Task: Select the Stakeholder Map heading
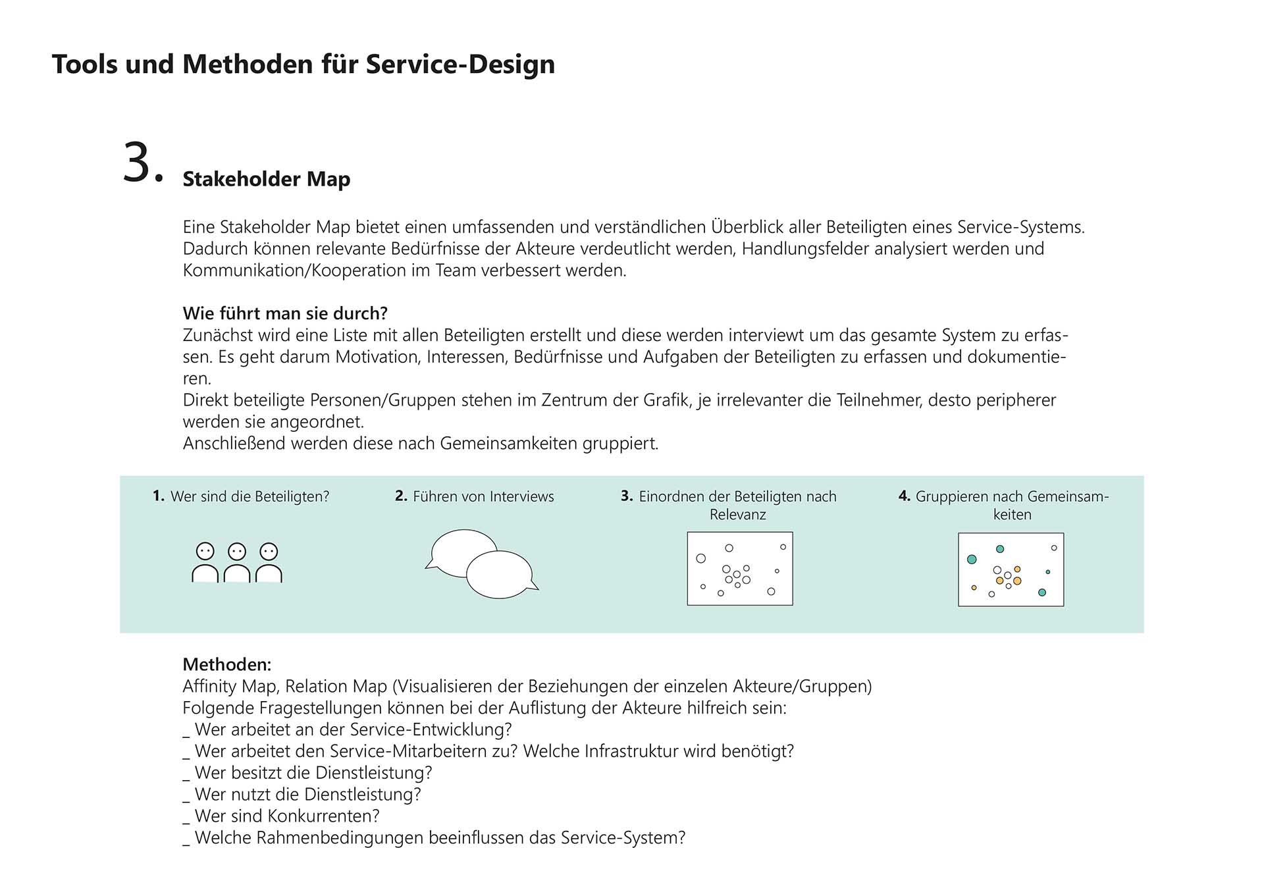pyautogui.click(x=266, y=179)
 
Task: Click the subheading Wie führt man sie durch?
pyautogui.click(x=285, y=313)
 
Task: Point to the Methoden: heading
pyautogui.click(x=226, y=664)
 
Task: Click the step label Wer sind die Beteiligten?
pyautogui.click(x=250, y=496)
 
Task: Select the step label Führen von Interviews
pyautogui.click(x=483, y=496)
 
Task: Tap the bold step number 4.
pyautogui.click(x=904, y=496)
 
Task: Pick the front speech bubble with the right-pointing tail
pyautogui.click(x=500, y=574)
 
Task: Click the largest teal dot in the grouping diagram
pyautogui.click(x=972, y=560)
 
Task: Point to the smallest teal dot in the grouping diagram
pyautogui.click(x=1048, y=571)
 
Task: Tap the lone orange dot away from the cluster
pyautogui.click(x=974, y=587)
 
